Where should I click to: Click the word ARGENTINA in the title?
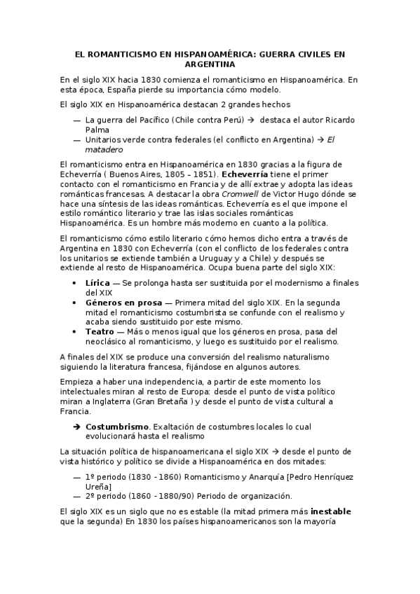(210, 64)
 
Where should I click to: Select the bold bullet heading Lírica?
(98, 282)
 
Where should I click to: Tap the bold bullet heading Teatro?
(100, 331)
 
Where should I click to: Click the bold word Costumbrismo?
(117, 426)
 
